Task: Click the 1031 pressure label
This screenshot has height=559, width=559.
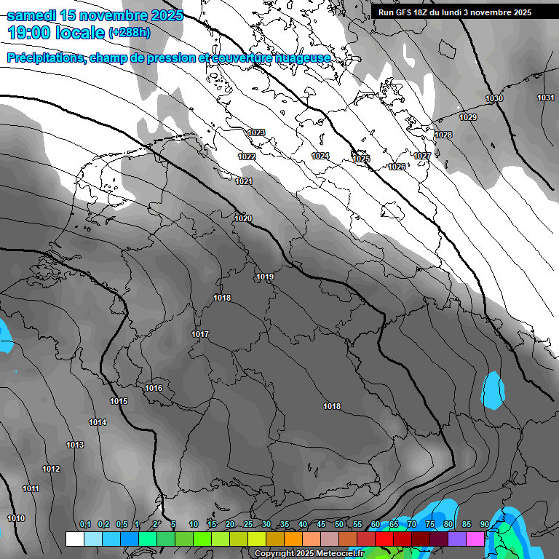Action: click(x=545, y=98)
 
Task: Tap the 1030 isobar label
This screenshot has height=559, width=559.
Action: click(x=494, y=98)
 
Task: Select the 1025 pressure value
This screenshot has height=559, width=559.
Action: click(x=361, y=159)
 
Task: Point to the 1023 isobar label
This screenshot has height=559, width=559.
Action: click(x=256, y=132)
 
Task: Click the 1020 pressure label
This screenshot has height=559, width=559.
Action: click(x=243, y=218)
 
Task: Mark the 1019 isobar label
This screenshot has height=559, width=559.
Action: click(x=265, y=277)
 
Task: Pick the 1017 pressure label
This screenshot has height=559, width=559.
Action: click(x=200, y=334)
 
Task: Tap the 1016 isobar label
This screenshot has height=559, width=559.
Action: click(x=154, y=388)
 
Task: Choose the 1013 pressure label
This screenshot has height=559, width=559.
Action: click(x=75, y=445)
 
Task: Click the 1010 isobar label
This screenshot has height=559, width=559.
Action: click(x=16, y=518)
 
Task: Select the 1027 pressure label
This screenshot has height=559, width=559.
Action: click(x=422, y=156)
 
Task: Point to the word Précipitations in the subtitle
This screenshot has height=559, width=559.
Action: click(x=45, y=58)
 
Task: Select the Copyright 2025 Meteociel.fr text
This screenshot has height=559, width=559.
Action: click(x=309, y=553)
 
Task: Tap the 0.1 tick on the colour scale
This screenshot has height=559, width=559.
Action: click(x=84, y=525)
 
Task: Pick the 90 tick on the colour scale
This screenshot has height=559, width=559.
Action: click(x=485, y=525)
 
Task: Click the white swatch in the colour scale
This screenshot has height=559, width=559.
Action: click(x=74, y=539)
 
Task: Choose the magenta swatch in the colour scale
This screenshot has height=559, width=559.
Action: click(x=475, y=539)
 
